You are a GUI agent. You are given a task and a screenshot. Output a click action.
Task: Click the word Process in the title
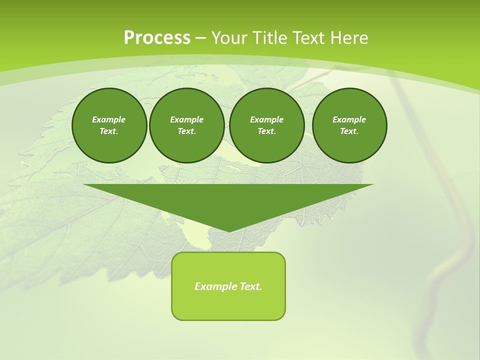(x=157, y=37)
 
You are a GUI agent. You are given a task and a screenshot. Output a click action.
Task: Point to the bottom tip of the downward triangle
(x=229, y=231)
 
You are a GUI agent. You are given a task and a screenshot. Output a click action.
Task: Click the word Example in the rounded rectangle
(x=215, y=286)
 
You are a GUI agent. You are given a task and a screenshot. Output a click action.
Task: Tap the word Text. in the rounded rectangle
(x=250, y=286)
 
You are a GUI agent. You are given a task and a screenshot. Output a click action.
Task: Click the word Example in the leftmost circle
(x=109, y=119)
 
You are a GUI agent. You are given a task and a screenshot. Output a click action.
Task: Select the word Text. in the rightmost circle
(x=349, y=131)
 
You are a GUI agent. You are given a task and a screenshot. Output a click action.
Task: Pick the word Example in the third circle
(x=266, y=119)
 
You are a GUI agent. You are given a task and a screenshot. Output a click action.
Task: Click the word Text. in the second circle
(x=186, y=131)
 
